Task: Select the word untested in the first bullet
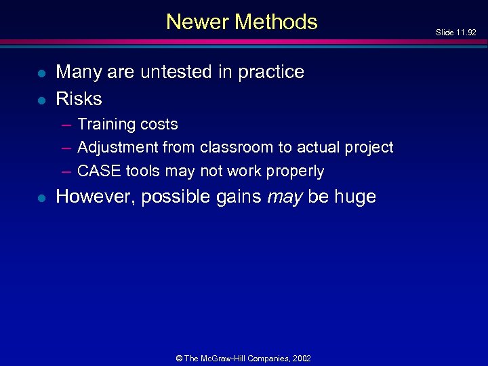click(176, 71)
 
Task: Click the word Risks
click(79, 99)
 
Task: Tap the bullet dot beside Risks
click(41, 100)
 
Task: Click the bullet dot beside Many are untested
click(41, 73)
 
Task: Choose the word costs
click(157, 125)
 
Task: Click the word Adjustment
click(118, 148)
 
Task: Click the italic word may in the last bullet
click(285, 197)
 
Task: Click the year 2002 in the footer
click(302, 358)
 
